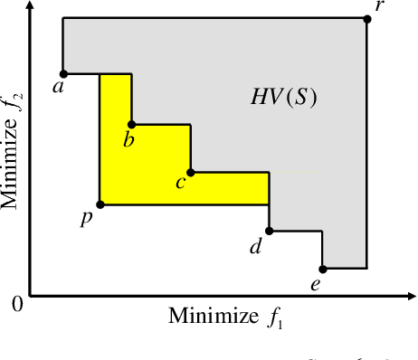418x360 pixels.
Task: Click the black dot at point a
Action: coord(62,73)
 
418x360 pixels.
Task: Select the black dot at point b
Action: coord(132,124)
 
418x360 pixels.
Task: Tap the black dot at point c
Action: coord(191,172)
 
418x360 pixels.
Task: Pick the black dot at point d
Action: coord(270,230)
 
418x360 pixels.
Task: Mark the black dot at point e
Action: coord(323,269)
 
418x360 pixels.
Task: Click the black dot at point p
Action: coord(100,204)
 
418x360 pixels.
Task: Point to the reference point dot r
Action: coord(366,18)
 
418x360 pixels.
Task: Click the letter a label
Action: coord(58,88)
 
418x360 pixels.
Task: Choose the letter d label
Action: coord(256,245)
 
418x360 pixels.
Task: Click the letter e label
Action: coord(316,285)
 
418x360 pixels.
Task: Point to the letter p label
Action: coord(86,219)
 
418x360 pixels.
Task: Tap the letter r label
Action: coord(378,8)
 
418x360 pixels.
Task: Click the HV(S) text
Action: coord(283,98)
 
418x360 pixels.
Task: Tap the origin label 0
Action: coord(15,304)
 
